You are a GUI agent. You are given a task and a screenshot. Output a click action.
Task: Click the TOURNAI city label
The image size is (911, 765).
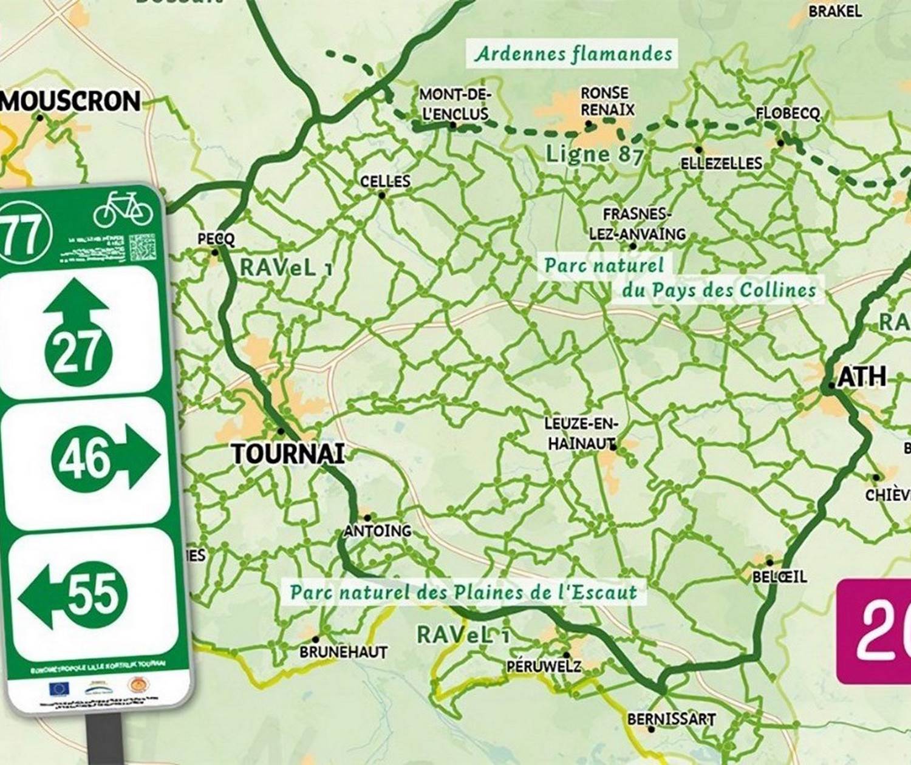(288, 454)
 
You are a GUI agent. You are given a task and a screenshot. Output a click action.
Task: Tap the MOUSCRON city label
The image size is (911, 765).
(71, 101)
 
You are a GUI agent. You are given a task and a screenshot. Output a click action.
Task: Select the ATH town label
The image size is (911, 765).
(862, 377)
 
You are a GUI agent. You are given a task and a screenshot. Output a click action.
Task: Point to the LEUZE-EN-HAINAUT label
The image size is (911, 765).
(581, 434)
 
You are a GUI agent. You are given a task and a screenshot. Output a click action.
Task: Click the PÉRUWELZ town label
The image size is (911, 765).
(544, 667)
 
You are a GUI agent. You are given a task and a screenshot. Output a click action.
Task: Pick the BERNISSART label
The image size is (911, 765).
(671, 719)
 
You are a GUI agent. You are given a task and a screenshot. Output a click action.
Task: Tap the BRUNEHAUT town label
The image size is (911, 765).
(343, 652)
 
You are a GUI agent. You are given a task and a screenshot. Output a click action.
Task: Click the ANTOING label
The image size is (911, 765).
(378, 531)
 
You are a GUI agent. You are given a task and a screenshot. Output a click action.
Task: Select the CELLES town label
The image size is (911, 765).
(385, 182)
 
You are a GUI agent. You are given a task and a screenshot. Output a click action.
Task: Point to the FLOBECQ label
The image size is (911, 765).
(788, 114)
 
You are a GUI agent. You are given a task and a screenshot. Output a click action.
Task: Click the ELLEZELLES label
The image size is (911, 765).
(721, 163)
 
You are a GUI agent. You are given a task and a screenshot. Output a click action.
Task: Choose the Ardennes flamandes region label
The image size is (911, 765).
(573, 53)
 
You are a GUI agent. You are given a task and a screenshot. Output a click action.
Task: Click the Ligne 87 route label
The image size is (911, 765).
(593, 154)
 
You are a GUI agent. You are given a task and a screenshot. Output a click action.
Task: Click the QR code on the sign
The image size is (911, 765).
(142, 247)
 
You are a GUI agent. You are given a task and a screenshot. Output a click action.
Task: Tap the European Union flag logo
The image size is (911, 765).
(59, 688)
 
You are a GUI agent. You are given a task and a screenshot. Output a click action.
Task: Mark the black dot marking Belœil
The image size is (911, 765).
(769, 562)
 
